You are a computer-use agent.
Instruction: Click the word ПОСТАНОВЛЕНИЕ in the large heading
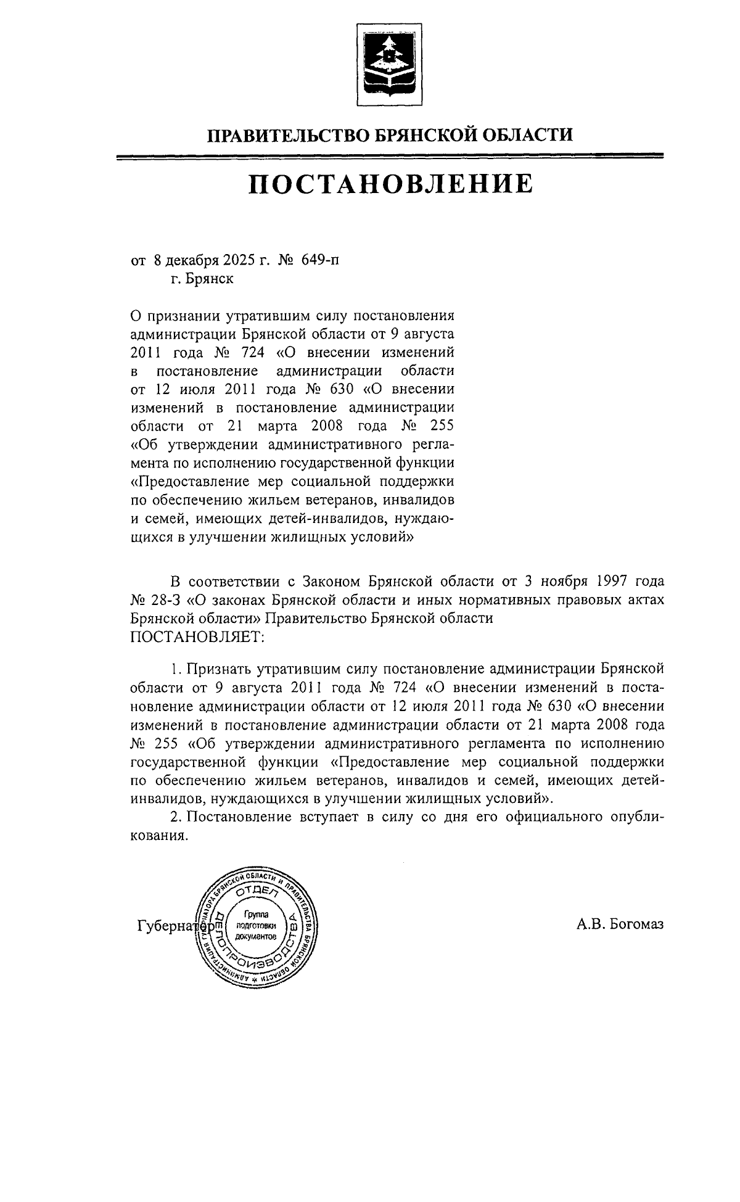390,184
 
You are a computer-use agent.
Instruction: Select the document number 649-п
320,261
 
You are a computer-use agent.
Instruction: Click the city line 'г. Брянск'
202,279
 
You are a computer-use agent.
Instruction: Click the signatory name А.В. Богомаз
620,924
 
